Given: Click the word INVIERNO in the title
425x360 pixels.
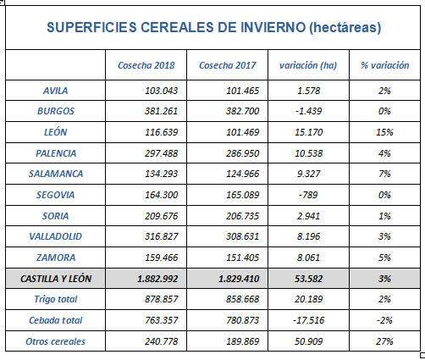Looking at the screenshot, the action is pos(273,27).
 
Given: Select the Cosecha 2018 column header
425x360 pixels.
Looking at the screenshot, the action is pos(146,65).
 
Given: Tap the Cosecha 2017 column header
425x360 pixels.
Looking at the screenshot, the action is pos(228,65).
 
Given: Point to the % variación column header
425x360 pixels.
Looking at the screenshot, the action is pos(385,65).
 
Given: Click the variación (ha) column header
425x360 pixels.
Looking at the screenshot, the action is pos(308,65).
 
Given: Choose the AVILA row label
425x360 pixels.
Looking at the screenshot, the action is pos(56,91).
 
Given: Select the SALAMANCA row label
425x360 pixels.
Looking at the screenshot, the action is pos(56,174).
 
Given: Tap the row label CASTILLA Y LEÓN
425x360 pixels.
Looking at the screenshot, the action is pos(56,279).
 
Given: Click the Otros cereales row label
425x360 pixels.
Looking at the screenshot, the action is pos(56,341).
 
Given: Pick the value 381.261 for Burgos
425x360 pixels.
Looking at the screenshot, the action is pos(162,111).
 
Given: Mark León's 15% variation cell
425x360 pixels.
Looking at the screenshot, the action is pos(385,132).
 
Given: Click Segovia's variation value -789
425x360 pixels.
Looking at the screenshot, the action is pos(308,195).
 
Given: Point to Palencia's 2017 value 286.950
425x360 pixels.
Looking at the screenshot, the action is pos(243,153).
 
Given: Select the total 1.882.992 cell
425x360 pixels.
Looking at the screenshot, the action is pos(157,280).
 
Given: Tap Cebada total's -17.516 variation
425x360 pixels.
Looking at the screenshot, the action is pos(308,320).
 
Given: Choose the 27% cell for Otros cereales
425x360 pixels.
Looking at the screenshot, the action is pos(385,341).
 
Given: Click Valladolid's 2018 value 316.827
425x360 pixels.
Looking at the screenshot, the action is pos(162,236).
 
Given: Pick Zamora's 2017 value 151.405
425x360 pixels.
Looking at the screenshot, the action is pos(243,258).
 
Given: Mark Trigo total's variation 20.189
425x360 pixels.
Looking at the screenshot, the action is pos(308,299).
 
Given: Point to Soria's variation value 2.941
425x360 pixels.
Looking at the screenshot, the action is pos(308,216).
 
